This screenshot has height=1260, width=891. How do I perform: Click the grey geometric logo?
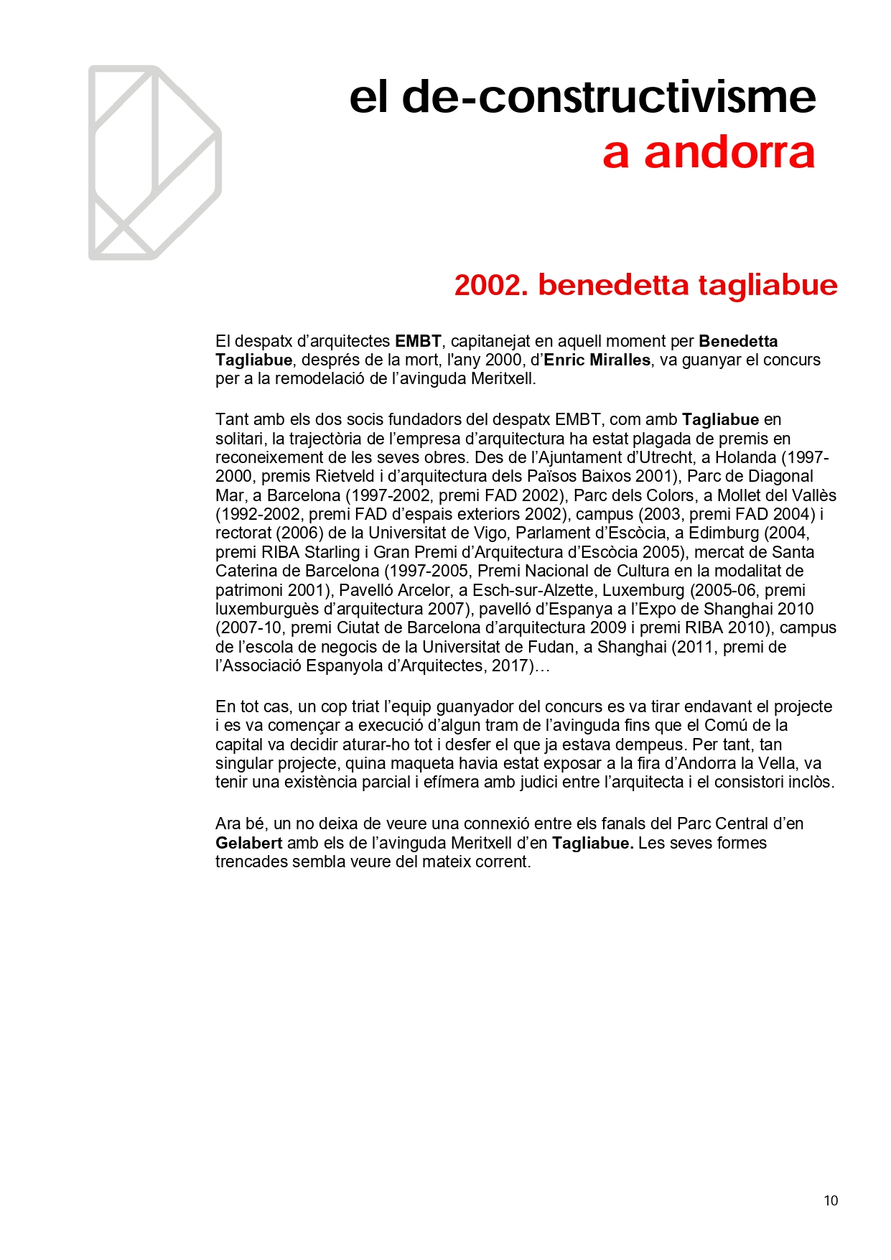154,162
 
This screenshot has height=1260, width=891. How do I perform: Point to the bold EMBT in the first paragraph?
418,341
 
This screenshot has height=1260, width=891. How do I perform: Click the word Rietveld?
344,476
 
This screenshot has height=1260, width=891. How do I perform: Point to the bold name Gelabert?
248,843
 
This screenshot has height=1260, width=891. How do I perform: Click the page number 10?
831,1200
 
